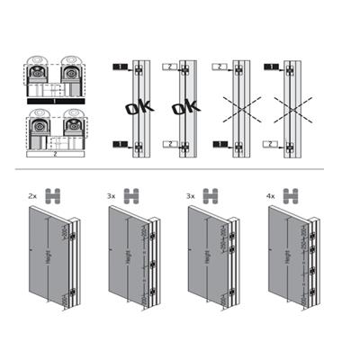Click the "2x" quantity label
point(32,194)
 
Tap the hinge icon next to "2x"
point(52,194)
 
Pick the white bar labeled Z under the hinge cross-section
point(53,154)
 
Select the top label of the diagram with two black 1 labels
point(119,67)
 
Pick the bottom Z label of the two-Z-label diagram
point(168,144)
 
